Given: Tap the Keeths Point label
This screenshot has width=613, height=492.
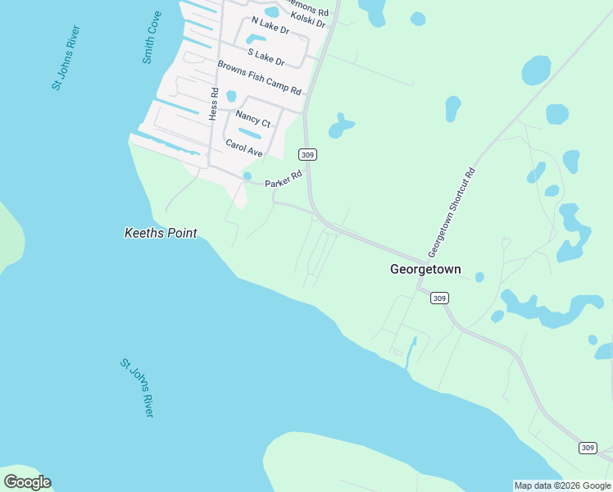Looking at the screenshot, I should pos(161,233).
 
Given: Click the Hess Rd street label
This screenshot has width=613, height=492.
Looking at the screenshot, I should pos(213,104).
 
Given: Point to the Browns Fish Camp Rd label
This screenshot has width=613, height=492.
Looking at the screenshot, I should pos(259,78).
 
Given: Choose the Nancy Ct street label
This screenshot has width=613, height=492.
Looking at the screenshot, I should pos(252,119).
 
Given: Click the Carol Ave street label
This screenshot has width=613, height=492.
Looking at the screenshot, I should pos(243,148).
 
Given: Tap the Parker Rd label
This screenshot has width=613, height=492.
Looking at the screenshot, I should pos(284,177).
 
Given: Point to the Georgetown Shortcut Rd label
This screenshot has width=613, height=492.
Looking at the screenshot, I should pos(452,212).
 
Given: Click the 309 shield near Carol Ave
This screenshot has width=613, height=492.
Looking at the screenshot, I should pos(307,155).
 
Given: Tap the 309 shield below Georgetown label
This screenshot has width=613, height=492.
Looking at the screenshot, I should pos(439,298).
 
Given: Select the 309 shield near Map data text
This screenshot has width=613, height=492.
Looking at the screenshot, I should pos(588,447).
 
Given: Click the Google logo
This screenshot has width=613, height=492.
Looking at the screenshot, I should pos(27,482).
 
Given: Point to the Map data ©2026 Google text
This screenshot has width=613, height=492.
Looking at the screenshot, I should pos(562,485).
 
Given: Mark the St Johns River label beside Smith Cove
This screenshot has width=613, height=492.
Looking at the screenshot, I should pos(66,57).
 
